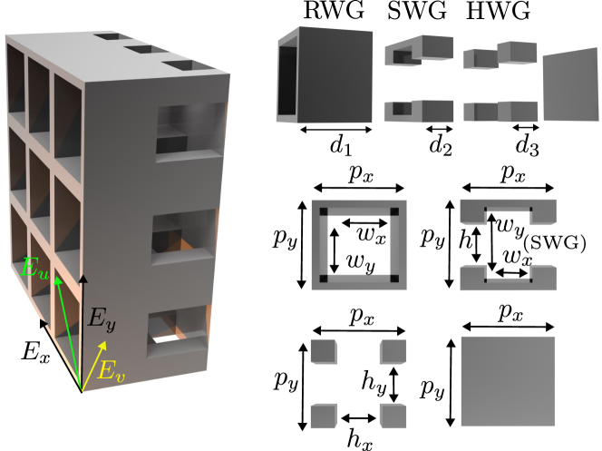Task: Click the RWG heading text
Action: pos(334,10)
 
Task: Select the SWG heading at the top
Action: pos(417,10)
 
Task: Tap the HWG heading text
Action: pos(498,10)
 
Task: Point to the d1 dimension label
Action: pos(341,146)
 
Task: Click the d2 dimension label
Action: pos(441,146)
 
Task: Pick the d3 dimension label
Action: pos(527,146)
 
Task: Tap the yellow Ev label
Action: pos(111,371)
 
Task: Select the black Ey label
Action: pos(102,319)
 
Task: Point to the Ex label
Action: pos(35,352)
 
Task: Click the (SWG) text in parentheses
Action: pos(555,243)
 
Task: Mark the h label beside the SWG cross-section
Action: pos(465,240)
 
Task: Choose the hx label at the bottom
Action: pos(360,439)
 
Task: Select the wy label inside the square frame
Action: pos(361,263)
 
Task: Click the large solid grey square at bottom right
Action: pos(508,381)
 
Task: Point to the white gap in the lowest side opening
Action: pos(168,338)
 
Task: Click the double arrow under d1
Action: pos(336,130)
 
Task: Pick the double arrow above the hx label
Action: pos(359,418)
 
